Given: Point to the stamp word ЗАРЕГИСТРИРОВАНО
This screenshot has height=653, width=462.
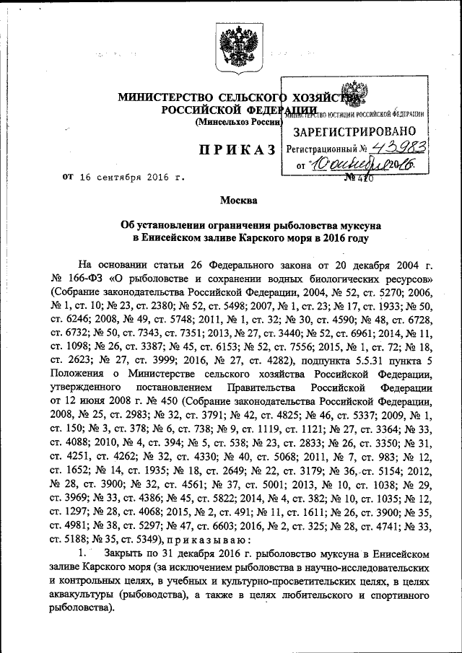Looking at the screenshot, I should (354, 132).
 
